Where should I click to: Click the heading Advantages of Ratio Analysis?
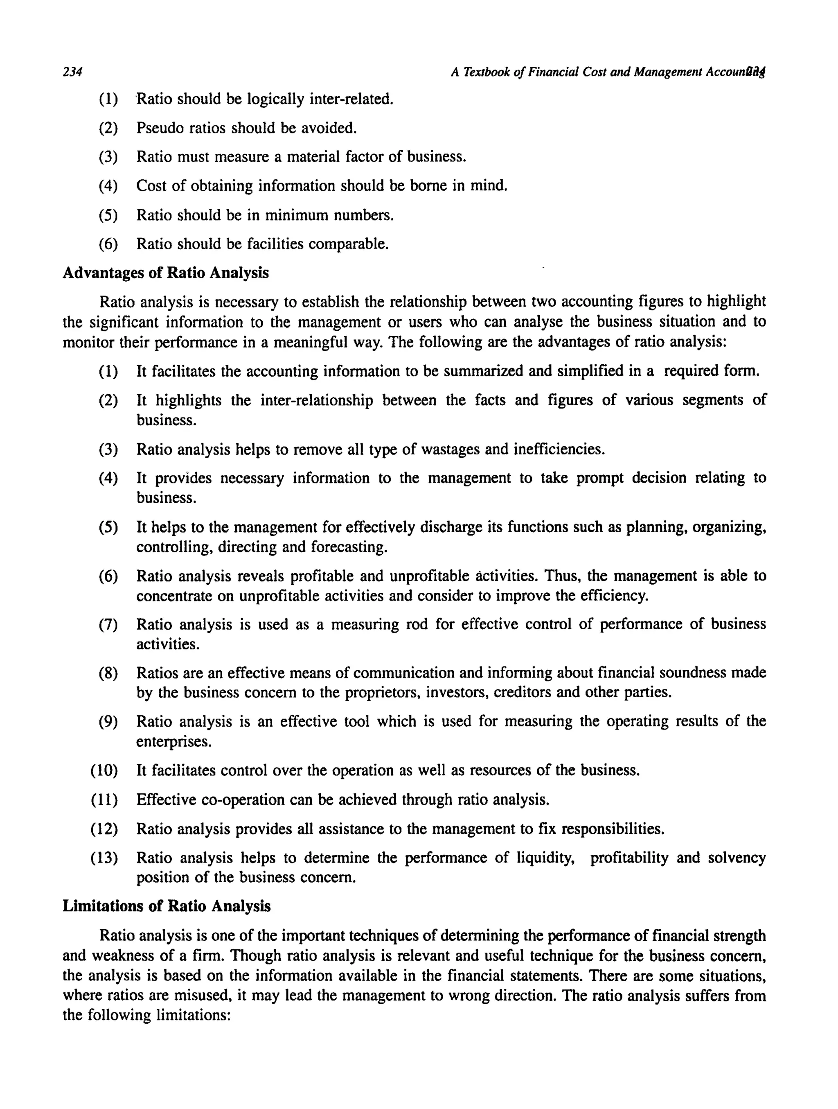165,273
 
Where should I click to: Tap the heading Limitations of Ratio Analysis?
167,906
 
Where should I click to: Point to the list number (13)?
104,858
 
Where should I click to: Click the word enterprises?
174,741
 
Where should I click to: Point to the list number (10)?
104,770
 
